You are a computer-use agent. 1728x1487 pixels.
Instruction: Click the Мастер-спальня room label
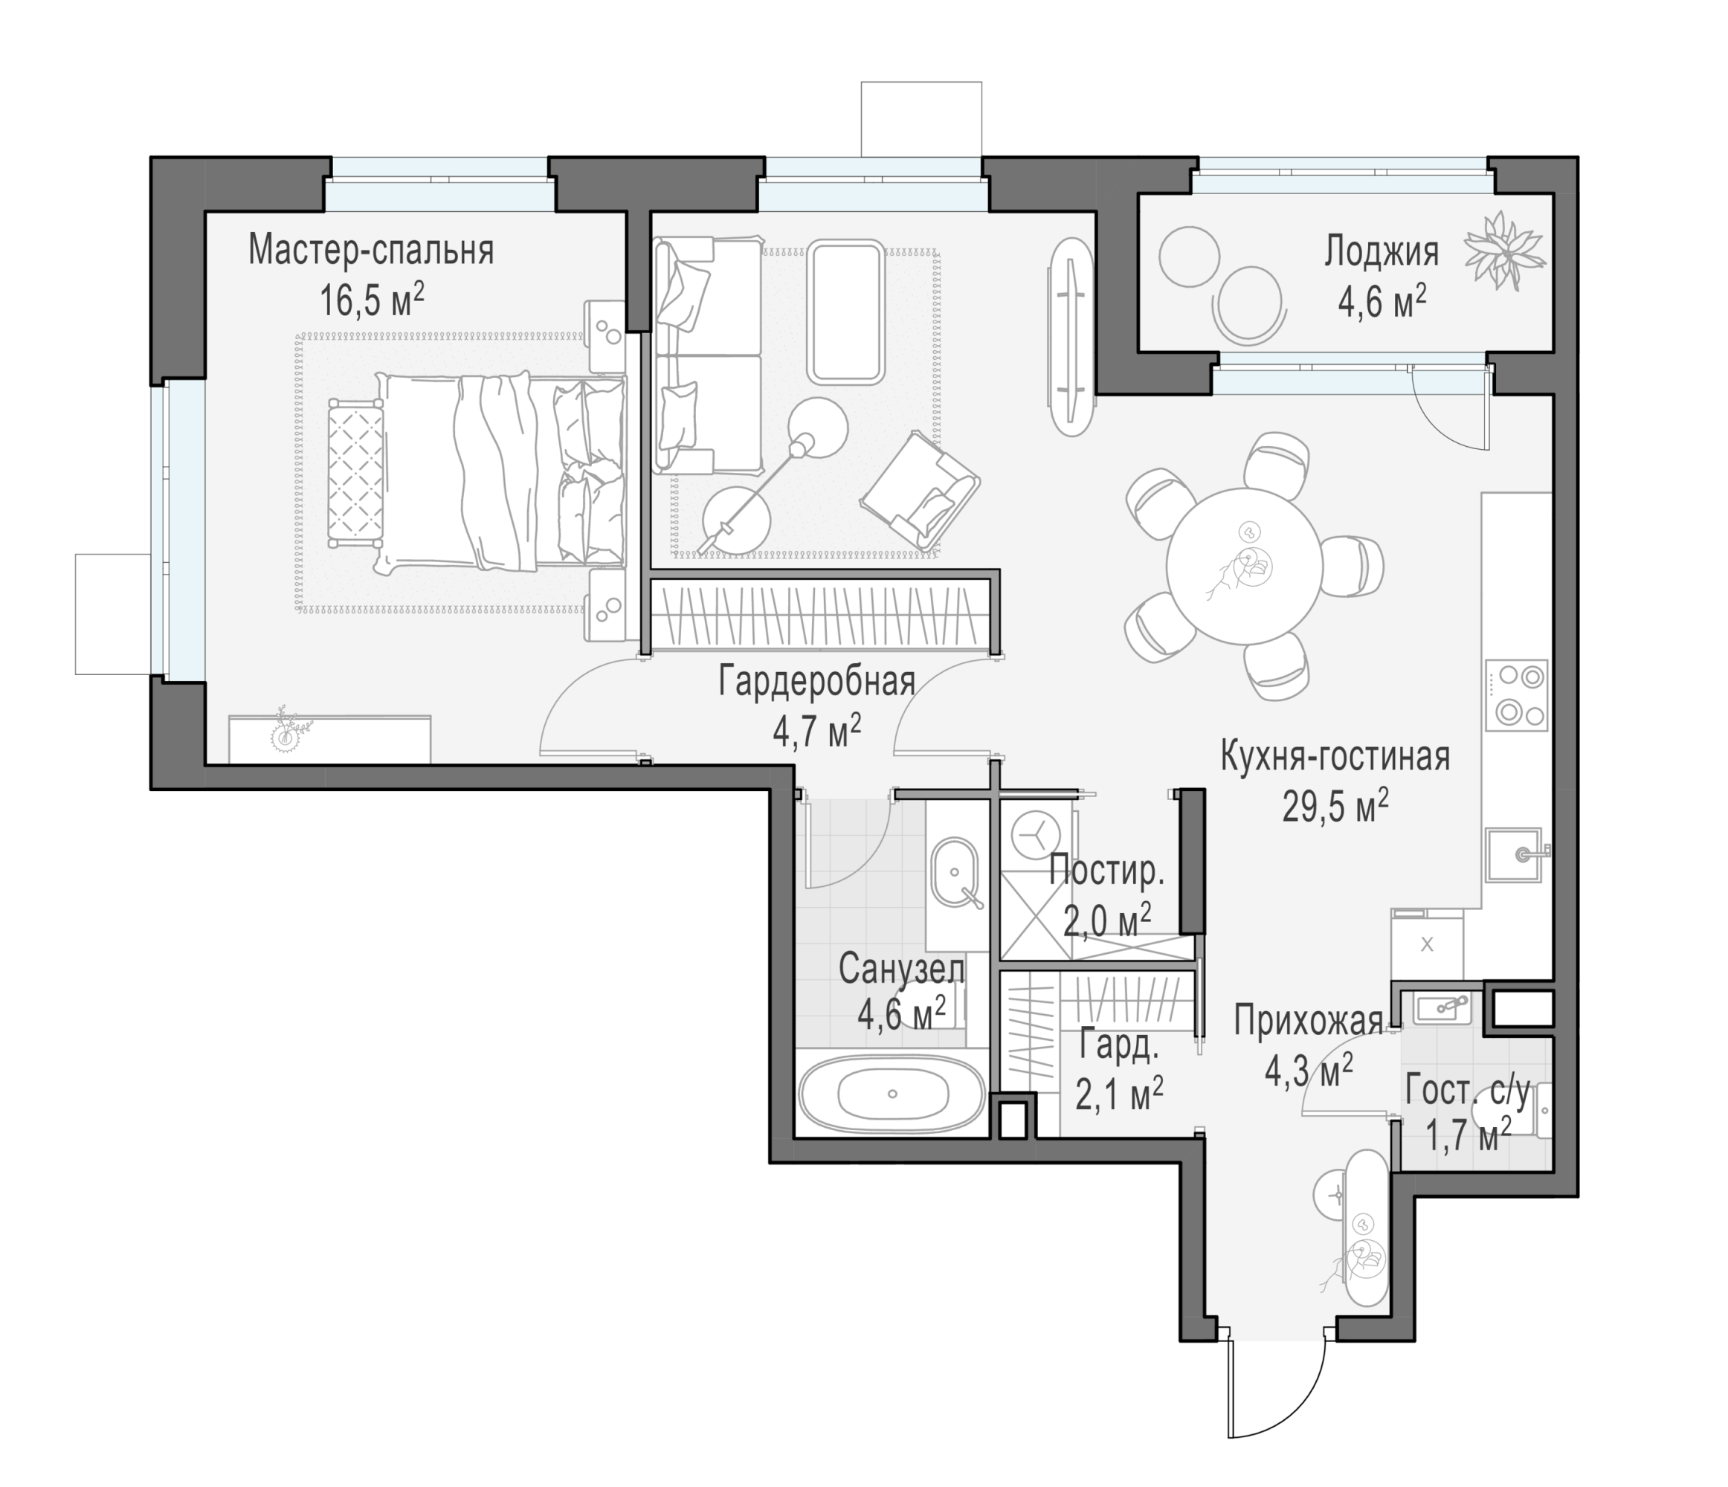371,251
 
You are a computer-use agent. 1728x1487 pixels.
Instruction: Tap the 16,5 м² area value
372,300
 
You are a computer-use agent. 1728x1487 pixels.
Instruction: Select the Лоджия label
1382,252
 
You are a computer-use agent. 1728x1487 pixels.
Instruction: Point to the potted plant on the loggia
1503,251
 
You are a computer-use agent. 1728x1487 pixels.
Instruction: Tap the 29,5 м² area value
1335,807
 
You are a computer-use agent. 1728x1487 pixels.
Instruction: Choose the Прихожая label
1309,1021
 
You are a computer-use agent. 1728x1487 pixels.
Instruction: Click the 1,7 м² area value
1469,1136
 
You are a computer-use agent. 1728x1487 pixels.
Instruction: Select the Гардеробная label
817,681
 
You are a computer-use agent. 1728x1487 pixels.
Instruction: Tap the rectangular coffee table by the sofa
845,312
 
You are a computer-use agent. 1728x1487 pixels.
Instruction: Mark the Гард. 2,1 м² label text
1119,1070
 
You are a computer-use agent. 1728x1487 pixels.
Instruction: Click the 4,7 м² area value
817,732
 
